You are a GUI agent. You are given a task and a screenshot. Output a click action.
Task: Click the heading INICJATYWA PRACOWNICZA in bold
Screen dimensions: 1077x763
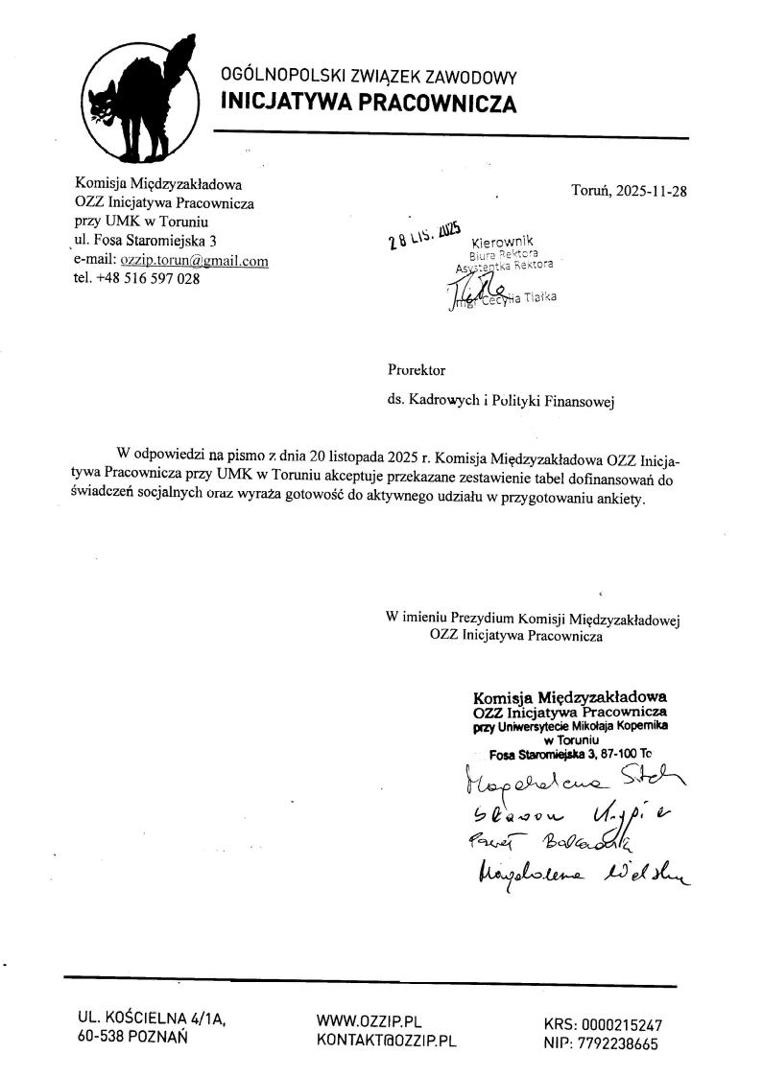point(369,103)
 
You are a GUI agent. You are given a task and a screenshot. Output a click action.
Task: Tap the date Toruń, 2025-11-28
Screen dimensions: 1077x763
point(629,190)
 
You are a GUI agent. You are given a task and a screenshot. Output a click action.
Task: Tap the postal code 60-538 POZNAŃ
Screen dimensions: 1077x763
point(131,1037)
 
